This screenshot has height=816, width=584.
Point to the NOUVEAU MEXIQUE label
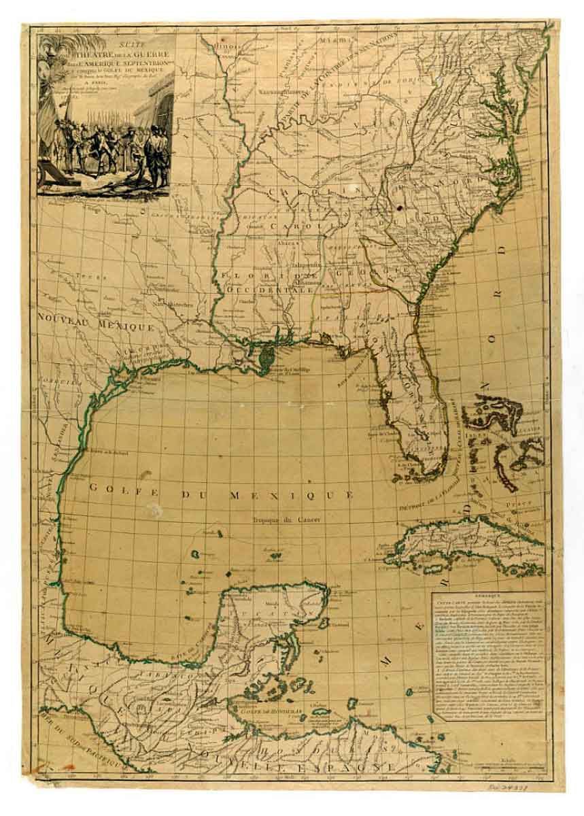(x=95, y=322)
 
